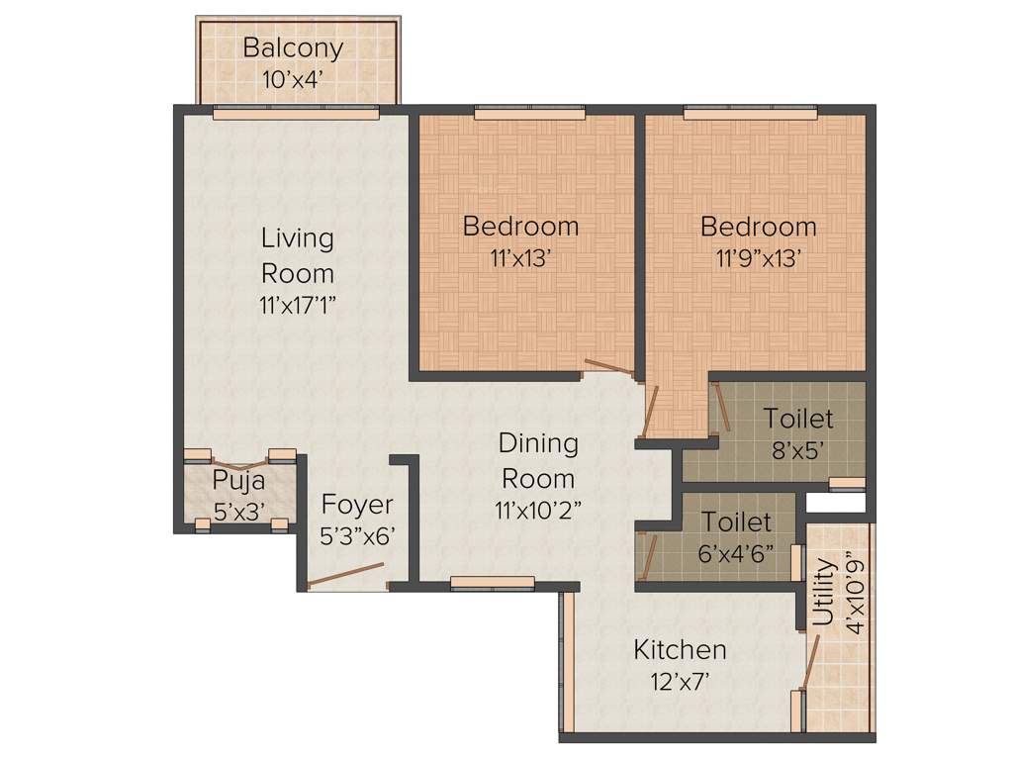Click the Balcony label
(x=293, y=47)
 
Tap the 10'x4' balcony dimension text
(x=293, y=80)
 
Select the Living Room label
(x=297, y=254)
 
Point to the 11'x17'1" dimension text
(x=297, y=306)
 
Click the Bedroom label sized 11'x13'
(x=520, y=226)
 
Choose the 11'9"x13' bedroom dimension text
(x=758, y=259)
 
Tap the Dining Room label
(x=538, y=460)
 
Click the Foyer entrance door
(x=345, y=575)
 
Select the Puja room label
(x=238, y=482)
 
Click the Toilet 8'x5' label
(x=797, y=419)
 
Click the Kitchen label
(x=680, y=650)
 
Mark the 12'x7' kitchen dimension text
(x=680, y=682)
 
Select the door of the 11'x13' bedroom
(x=608, y=367)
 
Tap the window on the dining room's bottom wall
(x=479, y=582)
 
